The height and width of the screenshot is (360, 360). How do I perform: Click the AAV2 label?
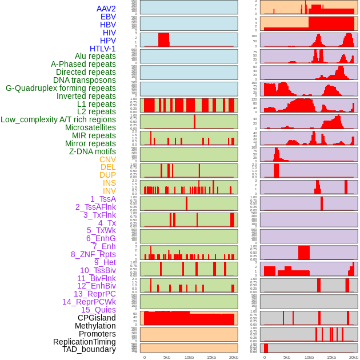(x=106, y=9)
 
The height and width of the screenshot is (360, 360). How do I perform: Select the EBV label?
(x=108, y=17)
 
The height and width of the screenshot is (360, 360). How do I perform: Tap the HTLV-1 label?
(x=102, y=49)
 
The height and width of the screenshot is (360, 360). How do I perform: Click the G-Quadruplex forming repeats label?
(x=61, y=88)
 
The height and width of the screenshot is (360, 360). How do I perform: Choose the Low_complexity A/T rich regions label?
(x=58, y=119)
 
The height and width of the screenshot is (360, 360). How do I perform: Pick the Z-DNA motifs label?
(x=93, y=151)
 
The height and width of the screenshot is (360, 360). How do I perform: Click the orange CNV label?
(x=107, y=159)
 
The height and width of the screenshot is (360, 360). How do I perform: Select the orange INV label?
(x=109, y=191)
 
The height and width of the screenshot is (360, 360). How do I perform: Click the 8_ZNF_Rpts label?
(x=93, y=254)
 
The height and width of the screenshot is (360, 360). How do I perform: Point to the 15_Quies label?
(x=98, y=310)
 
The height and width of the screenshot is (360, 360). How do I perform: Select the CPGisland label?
(x=97, y=318)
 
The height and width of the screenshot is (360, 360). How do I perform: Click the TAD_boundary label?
(x=89, y=349)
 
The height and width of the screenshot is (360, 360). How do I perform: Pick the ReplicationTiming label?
(x=85, y=342)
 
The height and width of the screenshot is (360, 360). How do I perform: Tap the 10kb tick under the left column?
(x=189, y=357)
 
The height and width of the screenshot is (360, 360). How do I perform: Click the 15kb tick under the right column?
(x=331, y=357)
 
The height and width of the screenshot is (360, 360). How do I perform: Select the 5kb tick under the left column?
(x=166, y=357)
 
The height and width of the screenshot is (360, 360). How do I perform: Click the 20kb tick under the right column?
(x=354, y=357)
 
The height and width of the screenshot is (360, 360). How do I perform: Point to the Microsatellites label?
(x=90, y=127)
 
